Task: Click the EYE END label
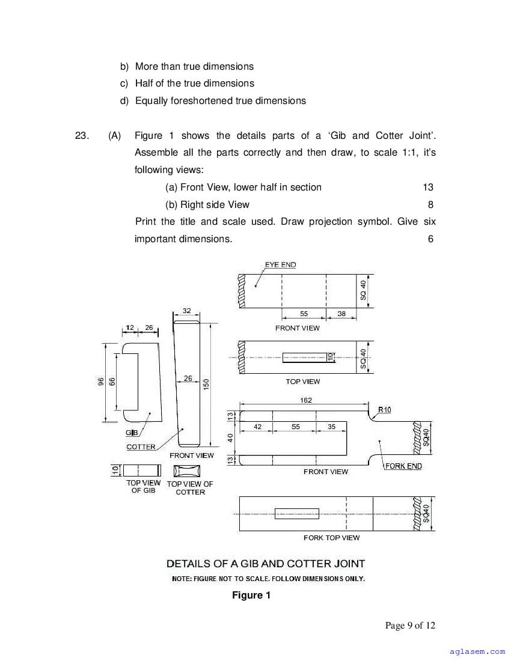pyautogui.click(x=280, y=264)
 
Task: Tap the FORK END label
pyautogui.click(x=403, y=466)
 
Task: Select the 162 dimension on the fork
pyautogui.click(x=306, y=400)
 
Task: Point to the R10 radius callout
pyautogui.click(x=385, y=410)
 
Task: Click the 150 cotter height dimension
pyautogui.click(x=206, y=383)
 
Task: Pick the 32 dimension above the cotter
pyautogui.click(x=186, y=311)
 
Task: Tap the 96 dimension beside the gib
pyautogui.click(x=101, y=381)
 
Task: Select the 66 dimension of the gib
pyautogui.click(x=112, y=381)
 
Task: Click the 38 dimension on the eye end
pyautogui.click(x=341, y=314)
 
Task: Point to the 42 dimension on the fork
pyautogui.click(x=257, y=427)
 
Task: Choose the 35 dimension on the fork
pyautogui.click(x=332, y=427)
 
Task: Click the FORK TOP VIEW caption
pyautogui.click(x=331, y=538)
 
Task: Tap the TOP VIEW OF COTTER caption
pyautogui.click(x=190, y=488)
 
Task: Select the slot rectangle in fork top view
pyautogui.click(x=296, y=514)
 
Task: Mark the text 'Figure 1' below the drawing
pyautogui.click(x=251, y=596)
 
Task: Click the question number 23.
pyautogui.click(x=82, y=135)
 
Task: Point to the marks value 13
pyautogui.click(x=428, y=187)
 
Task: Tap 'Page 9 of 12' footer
pyautogui.click(x=410, y=625)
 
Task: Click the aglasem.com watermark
pyautogui.click(x=477, y=650)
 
